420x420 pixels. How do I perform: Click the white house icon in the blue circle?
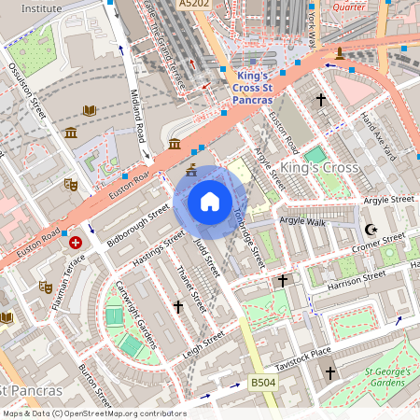[x=210, y=202]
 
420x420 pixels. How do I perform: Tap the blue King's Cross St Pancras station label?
[x=254, y=87]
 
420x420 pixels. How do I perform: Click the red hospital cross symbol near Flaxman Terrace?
[x=76, y=242]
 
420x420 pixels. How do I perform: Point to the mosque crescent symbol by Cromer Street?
[x=371, y=229]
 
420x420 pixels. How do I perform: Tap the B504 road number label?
[x=263, y=382]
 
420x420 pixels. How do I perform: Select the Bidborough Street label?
[x=137, y=224]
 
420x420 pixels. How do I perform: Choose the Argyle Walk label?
[x=301, y=221]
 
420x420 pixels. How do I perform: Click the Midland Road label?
[x=136, y=103]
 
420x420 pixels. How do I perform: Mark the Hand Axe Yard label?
[x=382, y=130]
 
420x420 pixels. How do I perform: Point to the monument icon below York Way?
[x=340, y=52]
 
